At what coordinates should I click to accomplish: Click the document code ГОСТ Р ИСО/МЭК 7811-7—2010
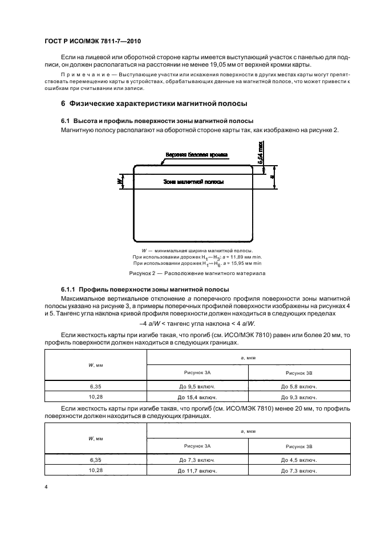click(93, 42)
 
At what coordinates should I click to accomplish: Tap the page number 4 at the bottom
click(46, 487)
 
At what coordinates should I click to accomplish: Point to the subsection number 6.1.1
click(70, 289)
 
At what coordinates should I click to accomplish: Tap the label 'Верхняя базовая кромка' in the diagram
click(197, 154)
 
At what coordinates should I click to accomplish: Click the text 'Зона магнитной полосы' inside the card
click(193, 182)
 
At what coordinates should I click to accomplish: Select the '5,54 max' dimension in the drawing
click(260, 154)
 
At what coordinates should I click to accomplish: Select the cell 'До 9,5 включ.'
click(198, 386)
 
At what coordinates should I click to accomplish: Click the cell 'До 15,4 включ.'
click(198, 396)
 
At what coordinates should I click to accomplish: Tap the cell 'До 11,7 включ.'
click(198, 470)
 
